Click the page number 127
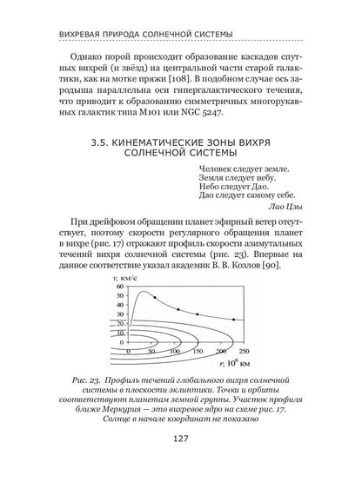[180, 462]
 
